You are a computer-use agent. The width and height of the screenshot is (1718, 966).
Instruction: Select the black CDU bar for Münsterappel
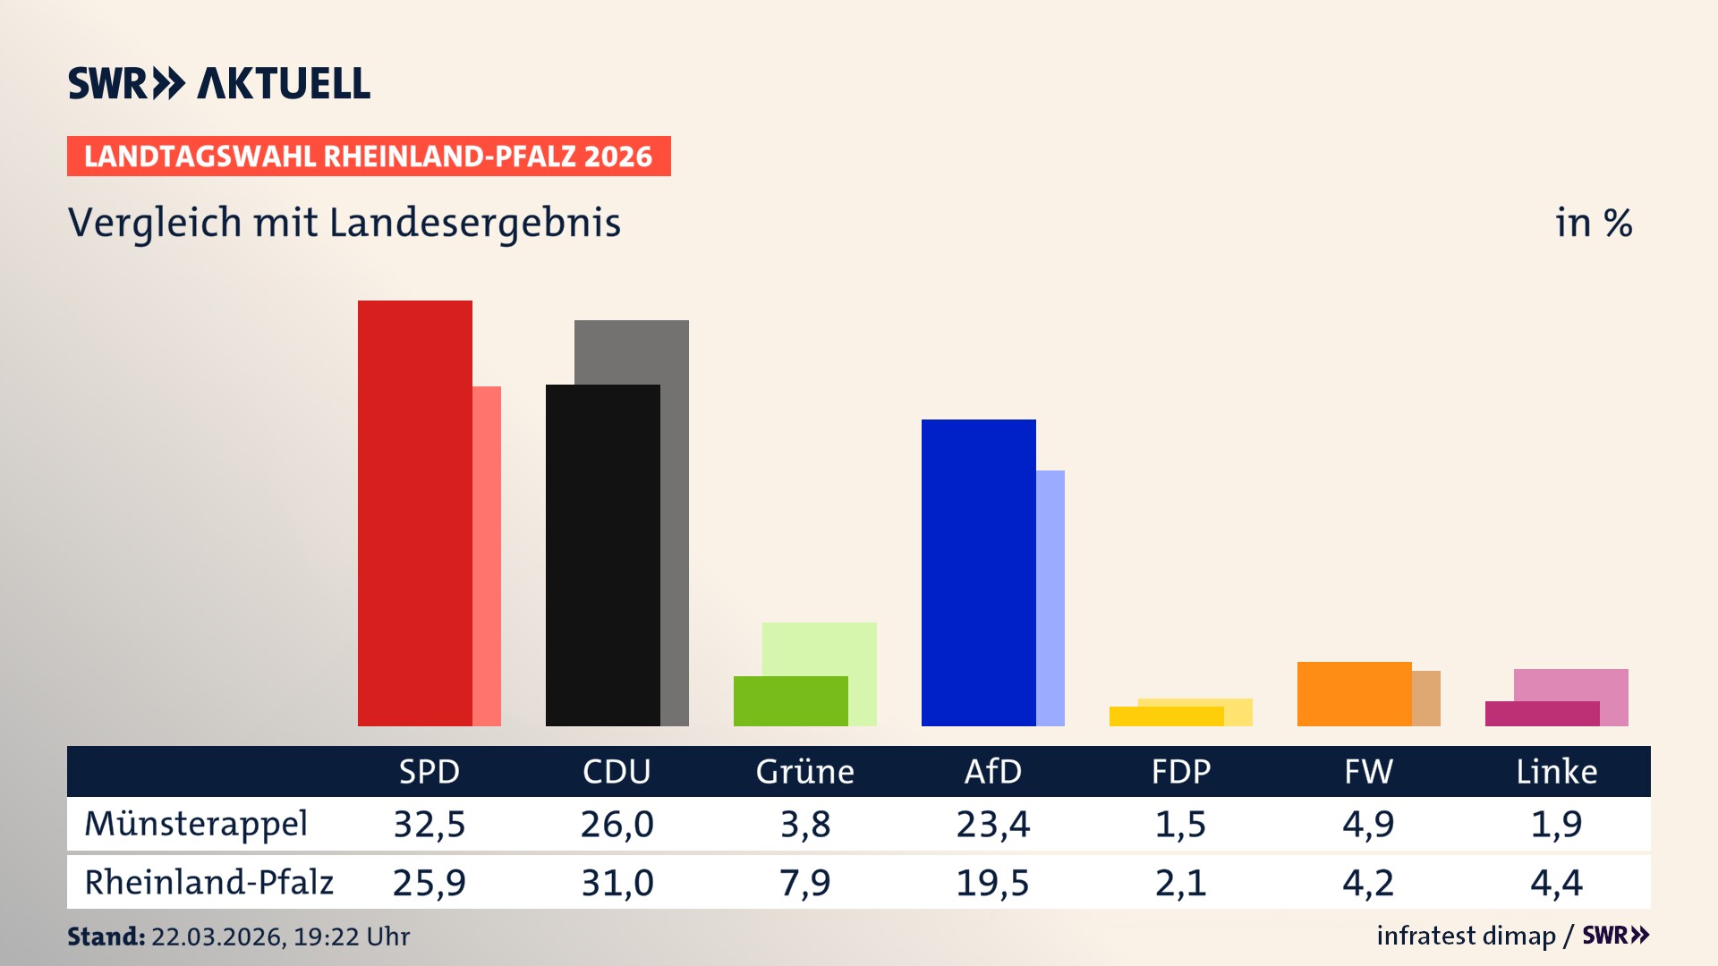pyautogui.click(x=602, y=555)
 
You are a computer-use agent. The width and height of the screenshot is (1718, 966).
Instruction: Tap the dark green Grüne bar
pyautogui.click(x=790, y=700)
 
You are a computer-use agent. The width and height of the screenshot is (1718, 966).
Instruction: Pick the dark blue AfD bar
pyautogui.click(x=978, y=572)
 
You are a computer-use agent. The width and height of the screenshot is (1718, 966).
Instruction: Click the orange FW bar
pyautogui.click(x=1354, y=693)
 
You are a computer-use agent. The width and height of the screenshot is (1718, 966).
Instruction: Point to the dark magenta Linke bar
pyautogui.click(x=1542, y=714)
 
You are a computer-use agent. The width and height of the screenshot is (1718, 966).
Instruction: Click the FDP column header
pyautogui.click(x=1180, y=771)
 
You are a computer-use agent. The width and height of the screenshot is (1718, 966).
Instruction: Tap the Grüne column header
pyautogui.click(x=804, y=771)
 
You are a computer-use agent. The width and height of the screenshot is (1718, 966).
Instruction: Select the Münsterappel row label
pyautogui.click(x=196, y=824)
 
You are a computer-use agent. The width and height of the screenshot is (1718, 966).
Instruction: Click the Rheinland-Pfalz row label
pyautogui.click(x=208, y=882)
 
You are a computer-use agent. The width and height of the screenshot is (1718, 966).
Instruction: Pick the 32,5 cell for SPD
pyautogui.click(x=429, y=824)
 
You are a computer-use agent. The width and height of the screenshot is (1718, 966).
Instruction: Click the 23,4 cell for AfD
pyautogui.click(x=992, y=824)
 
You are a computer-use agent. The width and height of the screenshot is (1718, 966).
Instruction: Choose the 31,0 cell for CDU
pyautogui.click(x=617, y=883)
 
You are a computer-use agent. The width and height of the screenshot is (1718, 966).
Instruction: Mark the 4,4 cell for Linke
pyautogui.click(x=1556, y=883)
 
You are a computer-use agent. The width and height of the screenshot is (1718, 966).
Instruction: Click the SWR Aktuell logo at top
pyautogui.click(x=219, y=83)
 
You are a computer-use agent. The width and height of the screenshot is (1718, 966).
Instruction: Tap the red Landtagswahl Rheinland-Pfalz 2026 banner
pyautogui.click(x=369, y=156)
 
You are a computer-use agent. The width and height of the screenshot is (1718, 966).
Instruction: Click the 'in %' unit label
pyautogui.click(x=1593, y=223)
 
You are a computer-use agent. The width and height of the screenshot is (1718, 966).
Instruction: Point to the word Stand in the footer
pyautogui.click(x=106, y=936)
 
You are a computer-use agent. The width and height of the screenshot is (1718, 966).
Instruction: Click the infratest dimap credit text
pyautogui.click(x=1466, y=936)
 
